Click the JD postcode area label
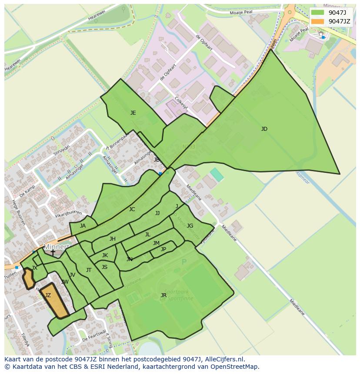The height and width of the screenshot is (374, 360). click(264, 129)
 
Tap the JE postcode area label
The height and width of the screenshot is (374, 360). click(133, 113)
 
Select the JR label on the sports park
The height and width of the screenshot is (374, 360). click(163, 295)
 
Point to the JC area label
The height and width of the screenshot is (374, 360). click(132, 209)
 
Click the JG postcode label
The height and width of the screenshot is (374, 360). click(190, 226)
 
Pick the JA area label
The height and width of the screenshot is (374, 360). click(83, 226)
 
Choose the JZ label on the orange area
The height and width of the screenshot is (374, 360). click(48, 295)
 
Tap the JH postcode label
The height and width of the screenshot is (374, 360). click(113, 239)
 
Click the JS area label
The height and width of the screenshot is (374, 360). click(104, 267)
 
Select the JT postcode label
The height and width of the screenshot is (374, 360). click(89, 270)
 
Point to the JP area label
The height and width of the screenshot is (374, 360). click(163, 249)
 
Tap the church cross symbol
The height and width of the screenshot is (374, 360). click(53, 252)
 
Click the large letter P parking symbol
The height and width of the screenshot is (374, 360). click(184, 262)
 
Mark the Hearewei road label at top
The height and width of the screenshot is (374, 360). click(97, 15)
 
